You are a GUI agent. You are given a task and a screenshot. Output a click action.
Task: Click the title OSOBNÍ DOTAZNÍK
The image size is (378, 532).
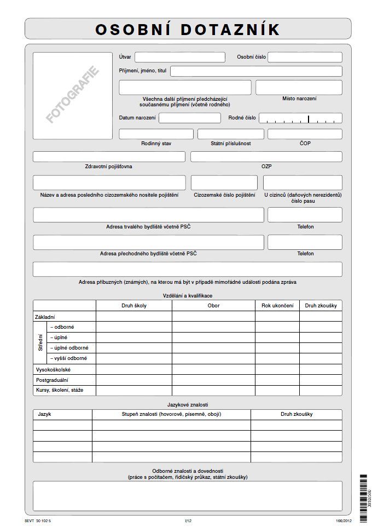point(188,29)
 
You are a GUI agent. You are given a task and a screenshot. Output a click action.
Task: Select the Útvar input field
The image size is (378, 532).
point(180,57)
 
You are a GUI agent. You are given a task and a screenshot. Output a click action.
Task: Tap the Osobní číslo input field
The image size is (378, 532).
point(305,57)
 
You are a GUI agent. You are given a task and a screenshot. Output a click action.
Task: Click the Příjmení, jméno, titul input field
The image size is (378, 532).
point(256,71)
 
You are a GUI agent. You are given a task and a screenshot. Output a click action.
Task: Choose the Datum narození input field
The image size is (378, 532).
point(189,118)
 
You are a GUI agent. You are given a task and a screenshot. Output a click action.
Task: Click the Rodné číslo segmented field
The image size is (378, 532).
point(300,118)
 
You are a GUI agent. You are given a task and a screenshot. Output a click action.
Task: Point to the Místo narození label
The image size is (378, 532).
point(299,99)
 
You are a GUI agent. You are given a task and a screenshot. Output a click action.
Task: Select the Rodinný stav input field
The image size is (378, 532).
point(156,134)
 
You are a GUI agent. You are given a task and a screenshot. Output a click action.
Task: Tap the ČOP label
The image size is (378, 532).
point(305,143)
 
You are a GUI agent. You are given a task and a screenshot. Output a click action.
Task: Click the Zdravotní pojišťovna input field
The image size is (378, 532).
point(109,157)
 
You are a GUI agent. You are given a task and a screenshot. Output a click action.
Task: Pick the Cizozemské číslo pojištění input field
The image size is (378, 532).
point(224,182)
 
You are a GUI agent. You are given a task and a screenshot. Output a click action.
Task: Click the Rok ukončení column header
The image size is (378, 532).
point(277,305)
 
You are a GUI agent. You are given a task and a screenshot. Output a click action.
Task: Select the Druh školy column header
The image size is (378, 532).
point(134,305)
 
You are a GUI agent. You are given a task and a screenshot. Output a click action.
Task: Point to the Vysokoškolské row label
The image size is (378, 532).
point(53,370)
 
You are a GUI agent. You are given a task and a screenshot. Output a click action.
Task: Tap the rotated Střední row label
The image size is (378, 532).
point(40,343)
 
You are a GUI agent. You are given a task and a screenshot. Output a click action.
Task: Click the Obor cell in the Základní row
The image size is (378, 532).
point(213,316)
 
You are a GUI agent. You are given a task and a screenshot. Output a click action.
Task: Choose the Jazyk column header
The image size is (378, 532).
point(45,414)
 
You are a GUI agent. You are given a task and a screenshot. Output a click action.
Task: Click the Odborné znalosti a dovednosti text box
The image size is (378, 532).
point(187,496)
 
